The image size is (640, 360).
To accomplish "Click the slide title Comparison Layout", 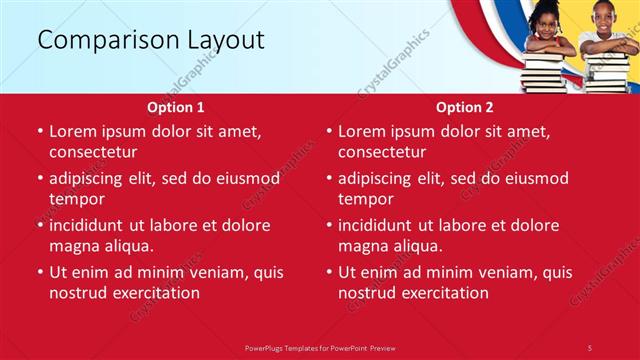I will click(x=151, y=40).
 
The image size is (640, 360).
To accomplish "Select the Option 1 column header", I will click(x=176, y=107).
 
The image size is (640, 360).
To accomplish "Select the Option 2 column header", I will click(x=465, y=107).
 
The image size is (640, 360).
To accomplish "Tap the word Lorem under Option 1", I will click(x=73, y=131).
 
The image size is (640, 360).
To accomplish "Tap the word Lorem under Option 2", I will click(x=362, y=131).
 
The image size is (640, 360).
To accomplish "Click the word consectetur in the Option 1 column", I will click(x=93, y=152).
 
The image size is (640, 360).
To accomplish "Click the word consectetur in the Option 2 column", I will click(x=382, y=152).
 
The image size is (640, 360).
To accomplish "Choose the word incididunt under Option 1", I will click(x=90, y=225).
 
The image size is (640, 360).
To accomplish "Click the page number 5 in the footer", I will click(x=589, y=347).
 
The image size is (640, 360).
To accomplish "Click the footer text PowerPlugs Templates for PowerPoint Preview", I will click(x=320, y=347).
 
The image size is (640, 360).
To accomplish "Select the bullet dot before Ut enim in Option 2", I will click(x=329, y=272).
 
